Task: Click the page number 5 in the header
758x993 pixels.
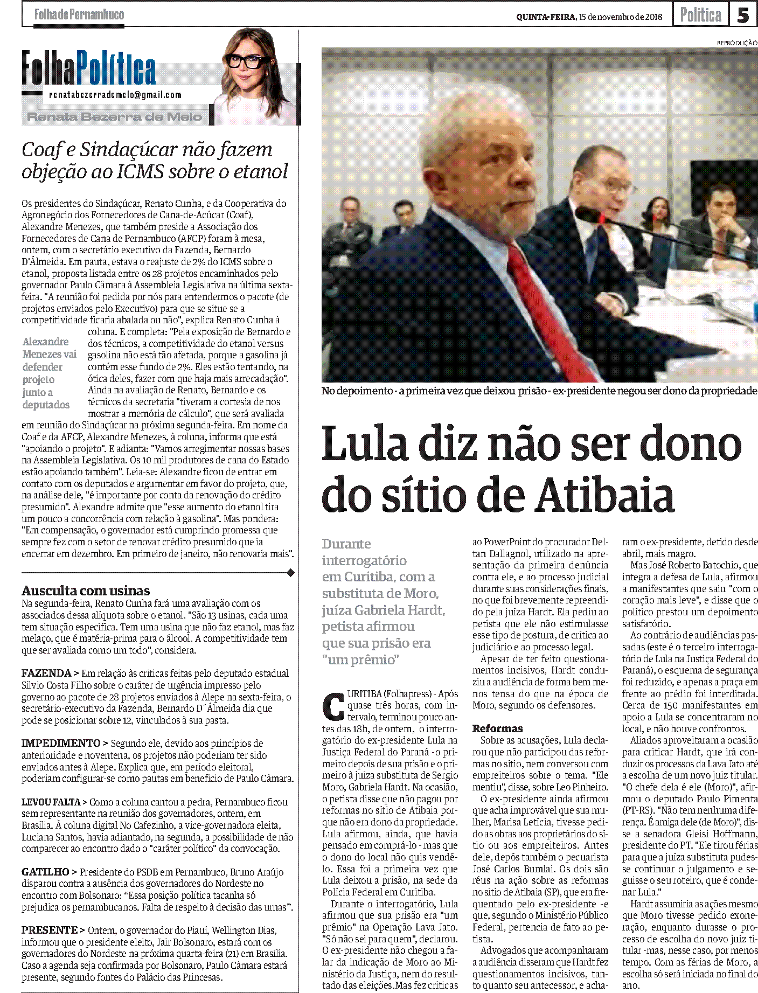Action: pyautogui.click(x=743, y=15)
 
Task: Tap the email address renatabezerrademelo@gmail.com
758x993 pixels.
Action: pyautogui.click(x=115, y=95)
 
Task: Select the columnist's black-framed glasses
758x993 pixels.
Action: pyautogui.click(x=248, y=60)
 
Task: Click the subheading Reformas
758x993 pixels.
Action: pyautogui.click(x=497, y=728)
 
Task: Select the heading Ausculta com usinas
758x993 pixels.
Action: pyautogui.click(x=86, y=591)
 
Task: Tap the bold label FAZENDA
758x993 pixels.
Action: pyautogui.click(x=46, y=673)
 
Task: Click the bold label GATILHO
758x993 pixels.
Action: pyautogui.click(x=45, y=872)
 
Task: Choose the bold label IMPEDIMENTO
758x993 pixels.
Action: pyautogui.click(x=61, y=743)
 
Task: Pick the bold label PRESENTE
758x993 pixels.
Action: pyautogui.click(x=50, y=930)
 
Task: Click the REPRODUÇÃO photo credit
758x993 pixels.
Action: pyautogui.click(x=736, y=43)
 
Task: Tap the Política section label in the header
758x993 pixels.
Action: pyautogui.click(x=700, y=15)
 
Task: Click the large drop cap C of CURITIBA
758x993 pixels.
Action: pyautogui.click(x=333, y=707)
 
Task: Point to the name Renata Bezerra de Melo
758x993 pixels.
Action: pyautogui.click(x=115, y=117)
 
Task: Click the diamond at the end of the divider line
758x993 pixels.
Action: pyautogui.click(x=291, y=573)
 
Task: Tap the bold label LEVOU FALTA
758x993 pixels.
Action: pyautogui.click(x=51, y=802)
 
